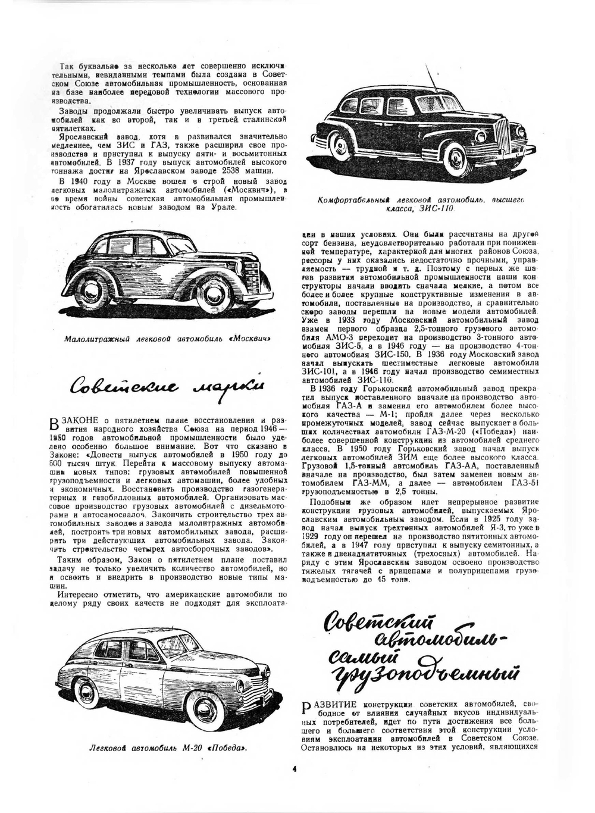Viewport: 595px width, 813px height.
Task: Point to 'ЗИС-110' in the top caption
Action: (x=439, y=209)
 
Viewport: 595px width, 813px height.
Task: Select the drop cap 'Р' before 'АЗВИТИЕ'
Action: (x=306, y=707)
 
